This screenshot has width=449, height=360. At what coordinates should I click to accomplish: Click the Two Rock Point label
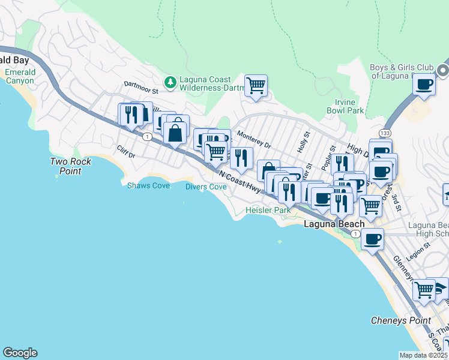tap(70, 166)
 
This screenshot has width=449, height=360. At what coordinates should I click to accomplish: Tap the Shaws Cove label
tap(148, 185)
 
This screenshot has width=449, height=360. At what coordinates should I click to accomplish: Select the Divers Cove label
tap(206, 187)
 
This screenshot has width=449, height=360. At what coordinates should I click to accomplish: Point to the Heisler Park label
tap(268, 211)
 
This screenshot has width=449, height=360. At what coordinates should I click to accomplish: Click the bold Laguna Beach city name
tap(334, 224)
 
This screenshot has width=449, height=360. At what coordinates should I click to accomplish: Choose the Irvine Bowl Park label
tap(345, 107)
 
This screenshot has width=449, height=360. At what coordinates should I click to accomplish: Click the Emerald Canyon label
tap(20, 77)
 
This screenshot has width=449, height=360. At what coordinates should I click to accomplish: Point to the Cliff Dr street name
tap(127, 152)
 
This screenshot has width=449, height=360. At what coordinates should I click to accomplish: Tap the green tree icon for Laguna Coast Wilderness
tap(171, 81)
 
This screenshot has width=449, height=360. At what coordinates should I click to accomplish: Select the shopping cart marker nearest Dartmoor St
tap(256, 85)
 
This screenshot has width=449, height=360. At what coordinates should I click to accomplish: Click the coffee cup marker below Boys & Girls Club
tap(424, 84)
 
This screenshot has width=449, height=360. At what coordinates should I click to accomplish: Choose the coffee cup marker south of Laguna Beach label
tap(373, 239)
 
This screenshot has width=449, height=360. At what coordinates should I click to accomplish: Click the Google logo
tap(20, 353)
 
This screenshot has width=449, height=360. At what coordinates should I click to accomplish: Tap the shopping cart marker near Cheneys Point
tap(424, 289)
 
